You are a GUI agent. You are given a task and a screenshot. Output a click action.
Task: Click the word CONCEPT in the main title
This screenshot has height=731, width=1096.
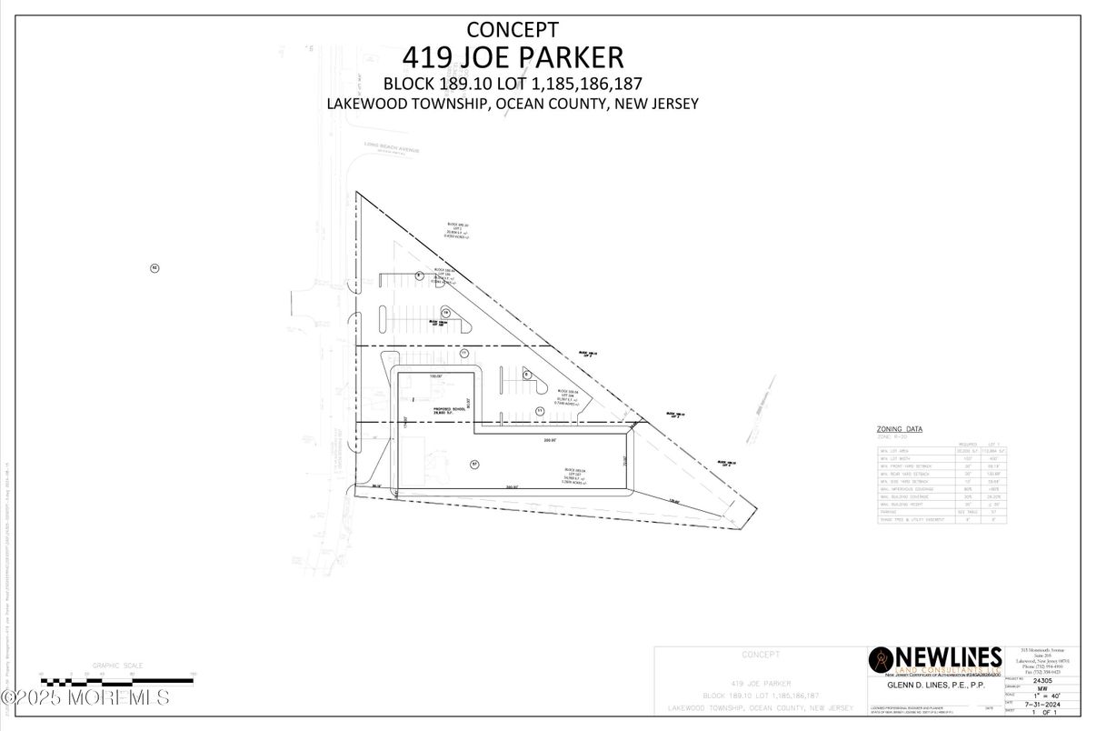click(x=512, y=30)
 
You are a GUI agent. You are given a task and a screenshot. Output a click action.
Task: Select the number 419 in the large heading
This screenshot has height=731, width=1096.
click(x=425, y=57)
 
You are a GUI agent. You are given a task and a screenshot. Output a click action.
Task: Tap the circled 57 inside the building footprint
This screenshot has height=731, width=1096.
click(x=473, y=465)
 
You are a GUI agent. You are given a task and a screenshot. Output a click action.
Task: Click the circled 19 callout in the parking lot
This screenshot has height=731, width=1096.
click(x=445, y=312)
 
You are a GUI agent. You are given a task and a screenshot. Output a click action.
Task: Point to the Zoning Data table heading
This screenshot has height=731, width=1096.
click(x=899, y=428)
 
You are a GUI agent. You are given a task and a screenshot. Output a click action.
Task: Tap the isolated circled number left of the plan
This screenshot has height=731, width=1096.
click(x=154, y=267)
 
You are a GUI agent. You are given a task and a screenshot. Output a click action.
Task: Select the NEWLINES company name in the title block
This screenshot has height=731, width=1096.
click(x=949, y=656)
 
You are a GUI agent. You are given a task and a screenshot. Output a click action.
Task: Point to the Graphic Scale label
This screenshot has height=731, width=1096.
click(x=117, y=666)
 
